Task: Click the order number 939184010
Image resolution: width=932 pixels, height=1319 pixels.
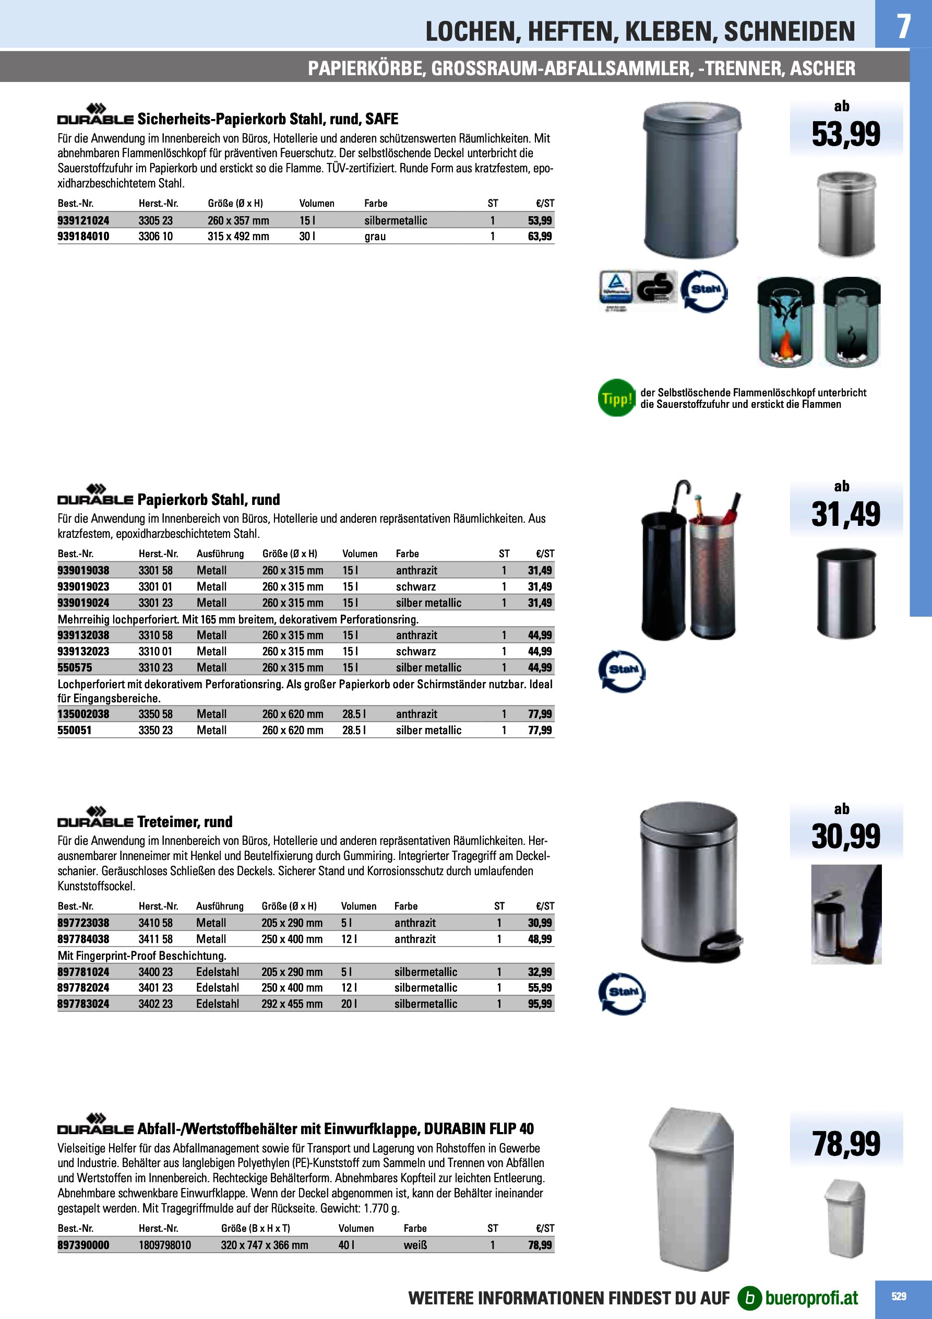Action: pyautogui.click(x=83, y=236)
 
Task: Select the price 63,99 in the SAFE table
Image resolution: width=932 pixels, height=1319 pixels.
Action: pyautogui.click(x=539, y=236)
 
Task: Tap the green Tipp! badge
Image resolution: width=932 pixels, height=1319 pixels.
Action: pyautogui.click(x=616, y=397)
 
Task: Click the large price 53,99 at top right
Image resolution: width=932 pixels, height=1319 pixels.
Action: pyautogui.click(x=845, y=134)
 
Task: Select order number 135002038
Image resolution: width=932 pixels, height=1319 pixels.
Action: pyautogui.click(x=83, y=714)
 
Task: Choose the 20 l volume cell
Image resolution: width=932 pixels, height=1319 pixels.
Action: pyautogui.click(x=349, y=1004)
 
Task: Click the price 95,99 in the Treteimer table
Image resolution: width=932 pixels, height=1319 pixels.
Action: pyautogui.click(x=539, y=1004)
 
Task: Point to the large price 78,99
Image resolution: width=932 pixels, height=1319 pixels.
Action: pyautogui.click(x=845, y=1143)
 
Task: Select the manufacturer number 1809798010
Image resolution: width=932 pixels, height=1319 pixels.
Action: pyautogui.click(x=165, y=1245)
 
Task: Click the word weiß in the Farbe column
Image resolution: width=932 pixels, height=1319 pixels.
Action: pyautogui.click(x=415, y=1245)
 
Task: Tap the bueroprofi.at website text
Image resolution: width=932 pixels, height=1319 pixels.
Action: pyautogui.click(x=811, y=1298)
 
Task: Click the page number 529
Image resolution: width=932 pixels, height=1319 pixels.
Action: pyautogui.click(x=899, y=1296)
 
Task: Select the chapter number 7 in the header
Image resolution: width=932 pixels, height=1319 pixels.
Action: pyautogui.click(x=903, y=26)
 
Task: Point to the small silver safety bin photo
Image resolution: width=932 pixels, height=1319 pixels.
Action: pyautogui.click(x=846, y=214)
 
